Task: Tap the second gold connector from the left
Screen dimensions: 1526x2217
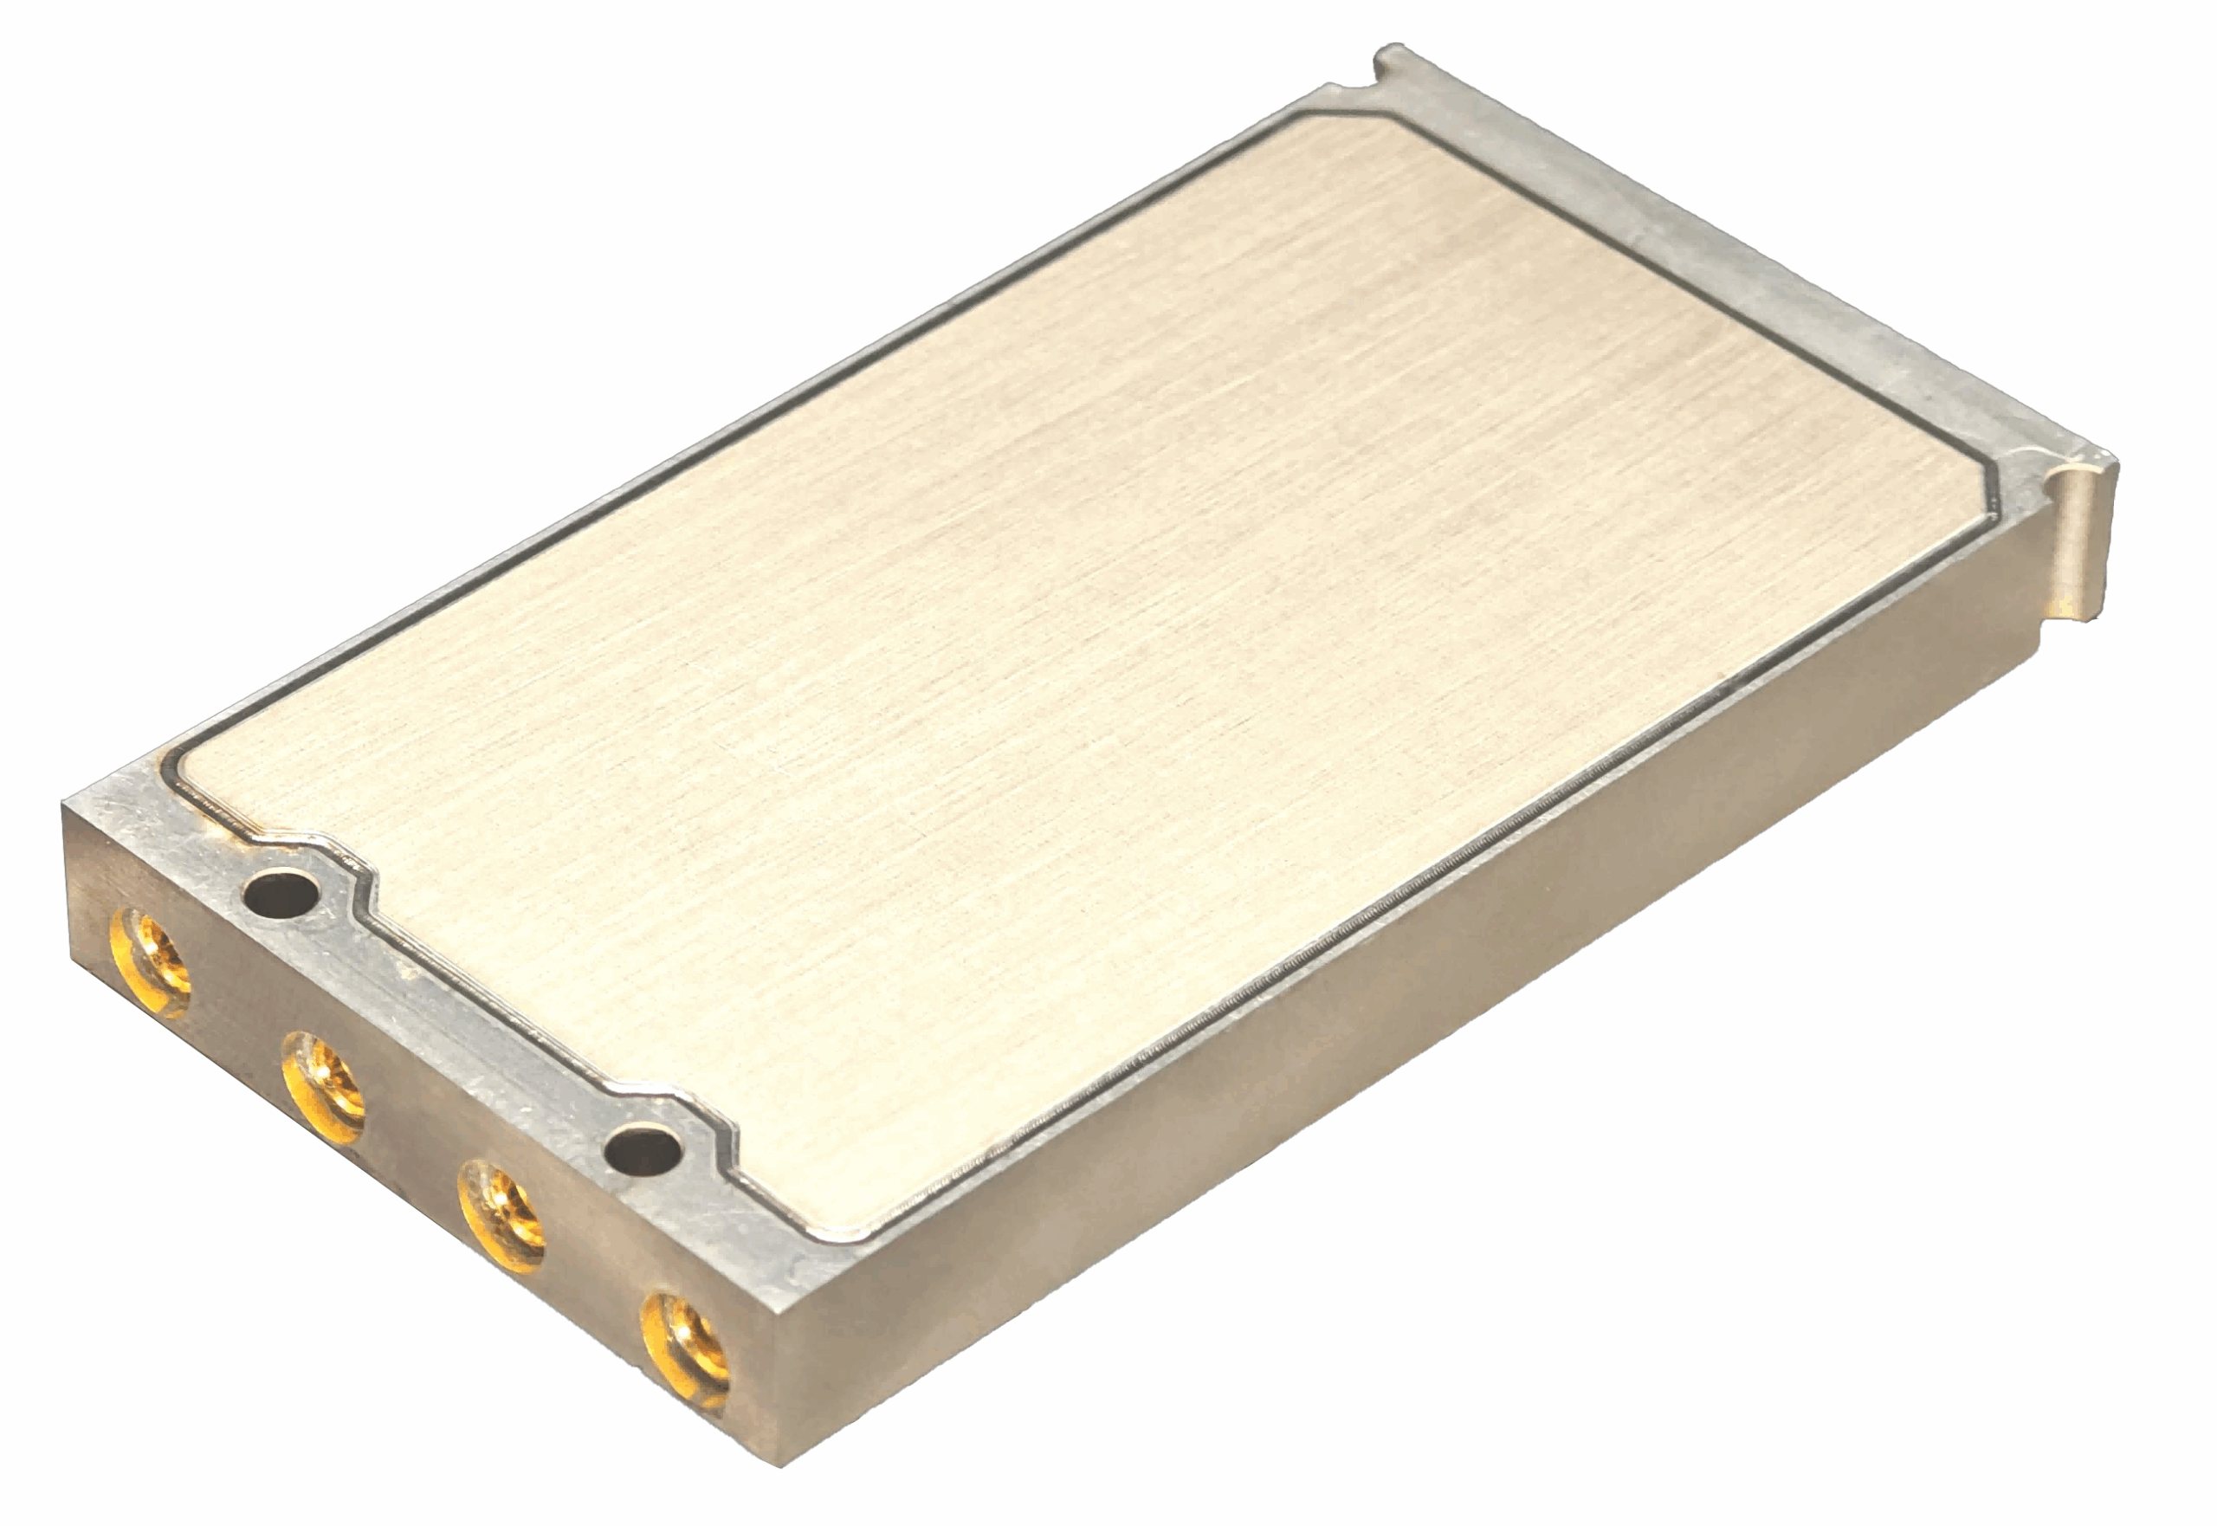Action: pyautogui.click(x=323, y=1087)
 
